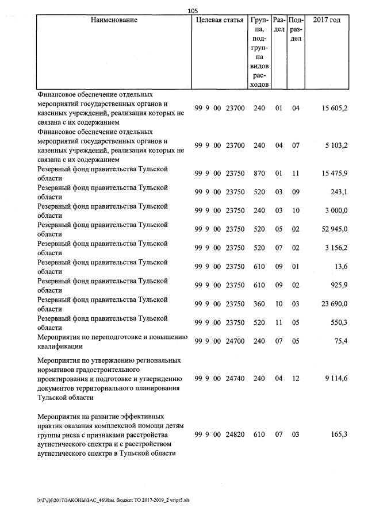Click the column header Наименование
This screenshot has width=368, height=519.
(114, 20)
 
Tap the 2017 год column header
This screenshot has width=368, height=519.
(327, 20)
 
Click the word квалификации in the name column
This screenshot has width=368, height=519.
(60, 347)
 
